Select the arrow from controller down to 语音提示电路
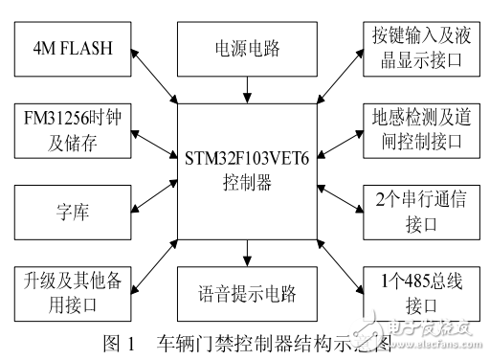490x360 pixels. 246,253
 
